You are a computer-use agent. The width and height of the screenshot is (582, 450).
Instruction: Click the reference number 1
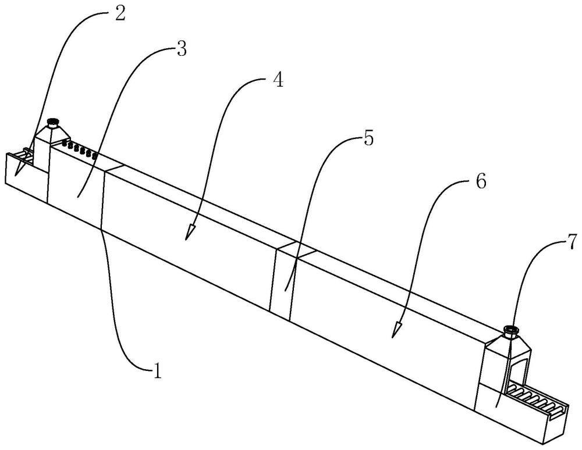coord(158,370)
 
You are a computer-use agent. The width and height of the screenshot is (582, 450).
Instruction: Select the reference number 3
coord(181,49)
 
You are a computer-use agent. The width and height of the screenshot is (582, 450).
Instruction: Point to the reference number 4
coord(278,80)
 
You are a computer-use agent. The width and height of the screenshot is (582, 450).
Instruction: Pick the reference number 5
coord(368,138)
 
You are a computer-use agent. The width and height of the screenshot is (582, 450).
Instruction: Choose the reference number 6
coord(481,181)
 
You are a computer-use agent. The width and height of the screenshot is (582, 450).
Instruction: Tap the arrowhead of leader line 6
coord(396,329)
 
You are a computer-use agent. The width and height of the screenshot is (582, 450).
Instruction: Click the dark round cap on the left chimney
coord(54,122)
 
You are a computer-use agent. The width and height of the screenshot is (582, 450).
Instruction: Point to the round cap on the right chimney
coord(511,330)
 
